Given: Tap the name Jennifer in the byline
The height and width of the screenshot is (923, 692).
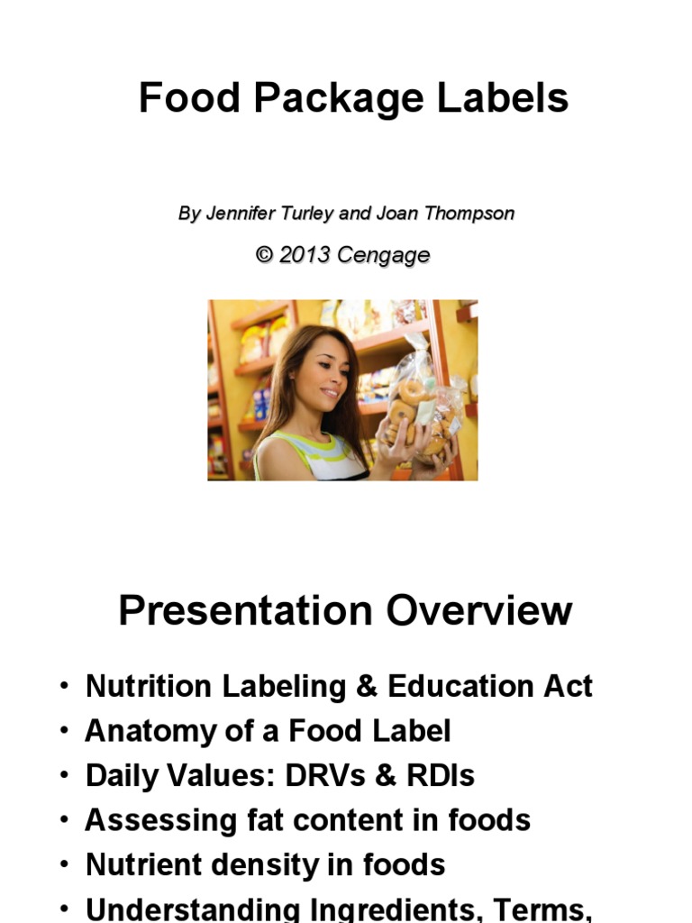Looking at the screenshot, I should pyautogui.click(x=237, y=214).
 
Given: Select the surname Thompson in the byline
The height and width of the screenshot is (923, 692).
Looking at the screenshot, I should pyautogui.click(x=469, y=214).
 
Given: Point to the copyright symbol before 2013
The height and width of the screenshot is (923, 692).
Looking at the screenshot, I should pyautogui.click(x=263, y=255).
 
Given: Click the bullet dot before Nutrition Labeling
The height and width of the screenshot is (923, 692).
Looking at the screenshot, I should pyautogui.click(x=64, y=687).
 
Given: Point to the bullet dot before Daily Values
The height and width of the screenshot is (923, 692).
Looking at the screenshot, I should pyautogui.click(x=64, y=775).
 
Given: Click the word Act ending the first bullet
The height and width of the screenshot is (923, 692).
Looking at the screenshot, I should pyautogui.click(x=567, y=687).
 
